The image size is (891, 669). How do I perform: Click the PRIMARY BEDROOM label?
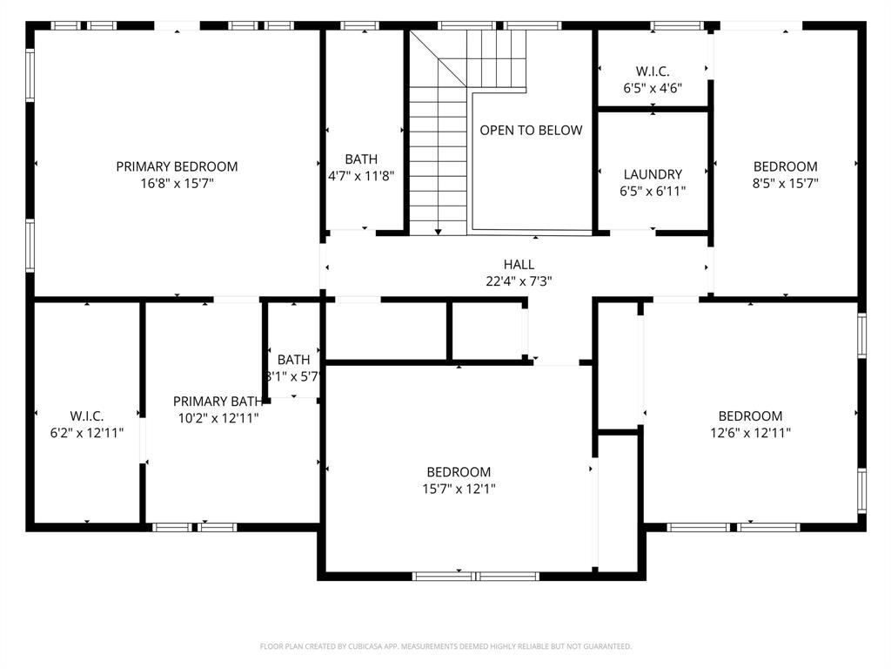177,166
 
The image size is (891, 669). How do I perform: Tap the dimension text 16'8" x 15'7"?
177,184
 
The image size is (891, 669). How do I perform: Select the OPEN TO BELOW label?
531,130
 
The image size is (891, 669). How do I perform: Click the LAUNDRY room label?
653,174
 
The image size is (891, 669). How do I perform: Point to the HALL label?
519,265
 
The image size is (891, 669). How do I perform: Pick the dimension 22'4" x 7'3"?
519,281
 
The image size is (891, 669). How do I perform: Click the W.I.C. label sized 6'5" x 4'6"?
653,71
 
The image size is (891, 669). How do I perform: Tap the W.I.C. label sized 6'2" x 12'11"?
87,416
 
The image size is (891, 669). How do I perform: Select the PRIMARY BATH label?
218,402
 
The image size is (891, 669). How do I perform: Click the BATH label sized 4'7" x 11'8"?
361,159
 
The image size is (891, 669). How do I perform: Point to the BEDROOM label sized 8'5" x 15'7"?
785,166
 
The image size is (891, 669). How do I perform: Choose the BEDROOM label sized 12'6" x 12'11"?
750,416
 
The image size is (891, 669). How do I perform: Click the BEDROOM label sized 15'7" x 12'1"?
459,472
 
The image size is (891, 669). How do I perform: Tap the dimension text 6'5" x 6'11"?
653,191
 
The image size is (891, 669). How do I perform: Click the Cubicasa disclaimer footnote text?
445,646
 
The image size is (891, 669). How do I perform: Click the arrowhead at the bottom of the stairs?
438,232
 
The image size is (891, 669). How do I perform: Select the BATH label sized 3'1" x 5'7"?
294,360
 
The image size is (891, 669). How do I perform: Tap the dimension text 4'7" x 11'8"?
361,175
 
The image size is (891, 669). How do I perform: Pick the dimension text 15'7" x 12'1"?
459,489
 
